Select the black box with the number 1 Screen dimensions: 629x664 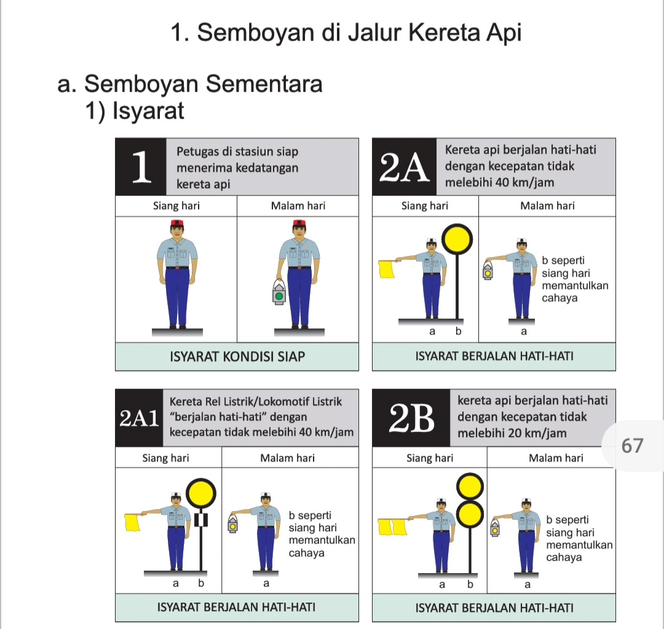[141, 167]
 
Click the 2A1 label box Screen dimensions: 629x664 [138, 418]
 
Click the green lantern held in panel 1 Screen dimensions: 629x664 [279, 293]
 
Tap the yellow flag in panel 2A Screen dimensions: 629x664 [386, 269]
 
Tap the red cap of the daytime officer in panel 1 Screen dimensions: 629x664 [176, 223]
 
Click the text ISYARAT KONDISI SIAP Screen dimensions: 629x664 [237, 357]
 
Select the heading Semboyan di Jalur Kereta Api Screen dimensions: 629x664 [346, 33]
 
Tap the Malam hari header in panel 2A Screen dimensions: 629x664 [547, 206]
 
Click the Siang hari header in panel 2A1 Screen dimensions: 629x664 [165, 458]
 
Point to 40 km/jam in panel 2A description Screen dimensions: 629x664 [524, 183]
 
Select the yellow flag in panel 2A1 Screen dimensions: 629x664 [133, 522]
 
